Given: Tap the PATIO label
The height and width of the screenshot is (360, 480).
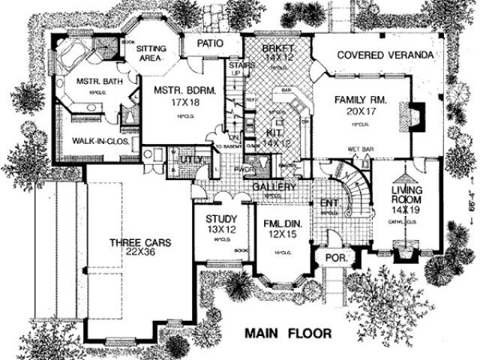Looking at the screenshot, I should (x=211, y=43).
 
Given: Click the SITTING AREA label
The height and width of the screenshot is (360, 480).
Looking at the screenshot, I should (x=158, y=52).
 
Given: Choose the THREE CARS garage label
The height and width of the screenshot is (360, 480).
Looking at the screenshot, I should (x=140, y=242).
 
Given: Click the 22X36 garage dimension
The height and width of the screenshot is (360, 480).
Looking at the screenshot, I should (x=141, y=254).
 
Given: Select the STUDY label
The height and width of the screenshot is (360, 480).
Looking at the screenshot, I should (x=221, y=218).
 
